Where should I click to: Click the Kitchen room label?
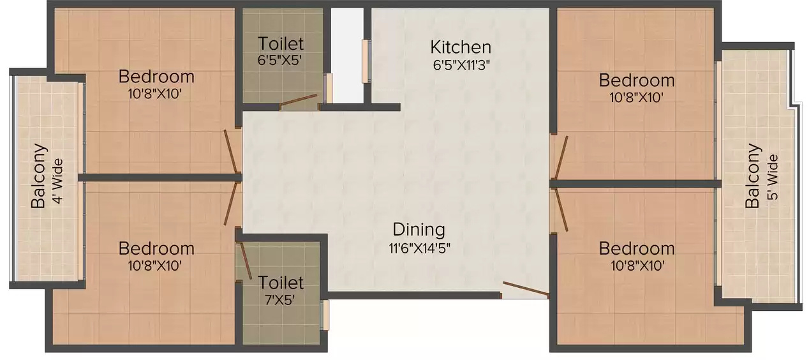point(460,47)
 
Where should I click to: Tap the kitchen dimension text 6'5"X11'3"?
point(460,64)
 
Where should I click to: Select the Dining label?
point(419,229)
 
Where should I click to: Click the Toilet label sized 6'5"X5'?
point(281,44)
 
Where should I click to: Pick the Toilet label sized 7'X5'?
point(281,281)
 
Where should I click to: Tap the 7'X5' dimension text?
point(281,298)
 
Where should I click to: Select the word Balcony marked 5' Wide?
point(753,176)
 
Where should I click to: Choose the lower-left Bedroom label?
point(156,248)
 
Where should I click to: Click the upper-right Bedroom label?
point(636,80)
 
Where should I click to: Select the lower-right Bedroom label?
point(636,248)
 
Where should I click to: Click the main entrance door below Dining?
point(525,289)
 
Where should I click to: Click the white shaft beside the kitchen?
point(346,54)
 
